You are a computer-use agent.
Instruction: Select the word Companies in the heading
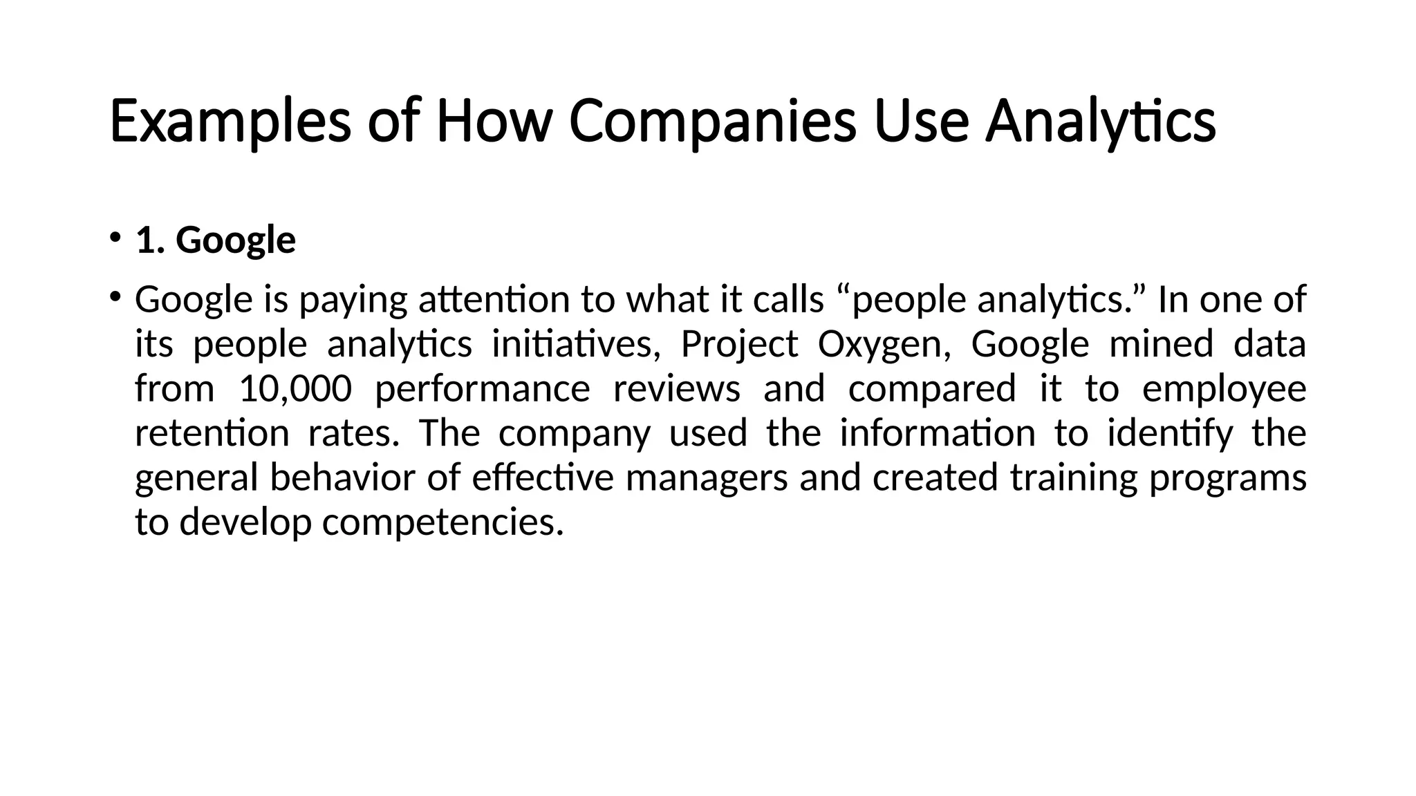[712, 122]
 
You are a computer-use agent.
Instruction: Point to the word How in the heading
[494, 122]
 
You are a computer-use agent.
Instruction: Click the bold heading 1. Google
[216, 240]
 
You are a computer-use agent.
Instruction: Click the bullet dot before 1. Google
[114, 237]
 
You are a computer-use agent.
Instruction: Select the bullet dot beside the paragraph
[114, 296]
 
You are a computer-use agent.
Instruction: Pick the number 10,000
[295, 388]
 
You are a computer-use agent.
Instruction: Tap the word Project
[739, 344]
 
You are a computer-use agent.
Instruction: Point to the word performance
[482, 388]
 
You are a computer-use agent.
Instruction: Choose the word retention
[212, 433]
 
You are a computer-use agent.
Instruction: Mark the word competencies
[442, 522]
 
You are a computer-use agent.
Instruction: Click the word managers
[707, 477]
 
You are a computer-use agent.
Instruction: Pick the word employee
[1224, 388]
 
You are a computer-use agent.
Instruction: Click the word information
[938, 433]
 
